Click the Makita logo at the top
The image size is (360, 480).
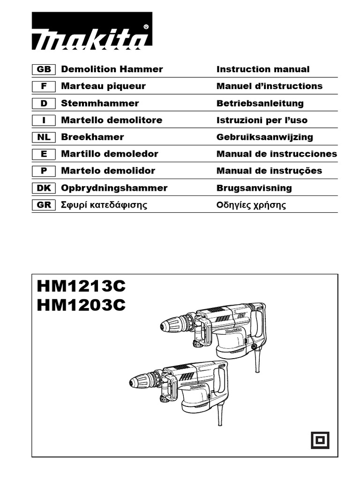(92, 31)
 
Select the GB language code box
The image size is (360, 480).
(44, 69)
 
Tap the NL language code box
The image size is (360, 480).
(44, 137)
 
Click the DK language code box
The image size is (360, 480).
(44, 188)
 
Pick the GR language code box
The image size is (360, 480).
(44, 205)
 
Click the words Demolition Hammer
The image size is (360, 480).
(112, 69)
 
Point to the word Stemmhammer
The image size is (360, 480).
(100, 103)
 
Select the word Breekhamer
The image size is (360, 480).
(92, 137)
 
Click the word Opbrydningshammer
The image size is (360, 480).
(114, 188)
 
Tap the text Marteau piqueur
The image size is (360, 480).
(103, 86)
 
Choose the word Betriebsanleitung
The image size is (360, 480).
(260, 103)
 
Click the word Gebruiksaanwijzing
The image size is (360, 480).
(264, 137)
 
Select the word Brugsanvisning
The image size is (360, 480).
(254, 188)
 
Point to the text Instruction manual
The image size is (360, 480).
(263, 69)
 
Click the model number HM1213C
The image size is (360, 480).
(81, 285)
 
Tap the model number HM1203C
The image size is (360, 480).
(81, 305)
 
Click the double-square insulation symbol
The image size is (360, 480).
(320, 440)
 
